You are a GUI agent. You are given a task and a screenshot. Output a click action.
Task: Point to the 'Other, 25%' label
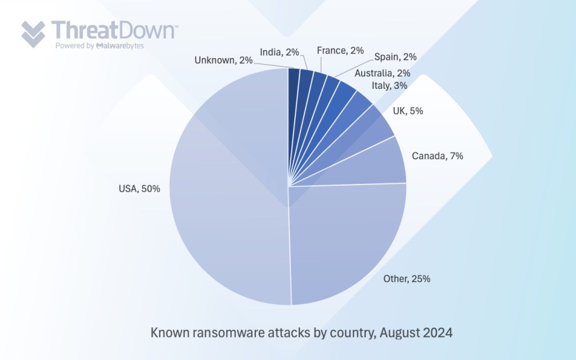tap(407, 278)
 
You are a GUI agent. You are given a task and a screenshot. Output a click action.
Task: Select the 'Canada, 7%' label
tap(438, 156)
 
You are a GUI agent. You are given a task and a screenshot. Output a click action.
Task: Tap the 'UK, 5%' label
tap(409, 111)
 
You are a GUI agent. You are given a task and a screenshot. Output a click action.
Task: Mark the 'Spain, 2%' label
tap(395, 56)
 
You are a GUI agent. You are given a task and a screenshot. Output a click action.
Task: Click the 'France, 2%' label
tap(340, 51)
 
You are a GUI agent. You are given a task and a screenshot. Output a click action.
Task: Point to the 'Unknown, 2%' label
tap(223, 61)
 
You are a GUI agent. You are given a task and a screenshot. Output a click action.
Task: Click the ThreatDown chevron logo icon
tap(33, 33)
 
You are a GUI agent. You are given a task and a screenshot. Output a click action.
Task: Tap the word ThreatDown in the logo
tap(114, 30)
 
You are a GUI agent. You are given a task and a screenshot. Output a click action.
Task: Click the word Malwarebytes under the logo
tap(119, 46)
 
